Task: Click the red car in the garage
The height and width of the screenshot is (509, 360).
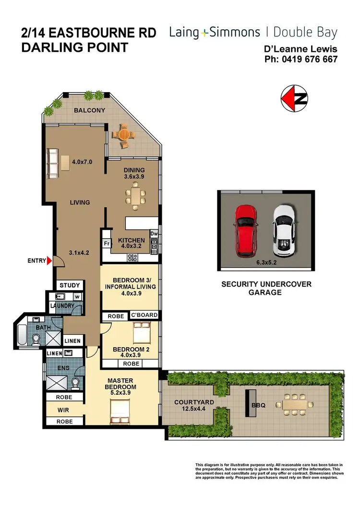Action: click(246, 231)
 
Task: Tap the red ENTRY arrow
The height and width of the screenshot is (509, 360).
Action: click(49, 261)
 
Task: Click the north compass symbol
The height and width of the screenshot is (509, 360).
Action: click(294, 99)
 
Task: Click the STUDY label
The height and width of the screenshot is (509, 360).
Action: click(70, 285)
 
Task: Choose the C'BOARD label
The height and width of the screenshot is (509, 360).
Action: click(144, 315)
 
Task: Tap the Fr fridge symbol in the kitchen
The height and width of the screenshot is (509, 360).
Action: click(106, 243)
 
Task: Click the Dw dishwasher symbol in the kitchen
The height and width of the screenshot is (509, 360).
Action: click(154, 234)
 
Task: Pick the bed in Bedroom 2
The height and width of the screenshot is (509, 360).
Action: click(142, 332)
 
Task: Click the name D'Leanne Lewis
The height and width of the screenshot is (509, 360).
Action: click(301, 49)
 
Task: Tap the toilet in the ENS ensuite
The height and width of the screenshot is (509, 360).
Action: click(75, 382)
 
